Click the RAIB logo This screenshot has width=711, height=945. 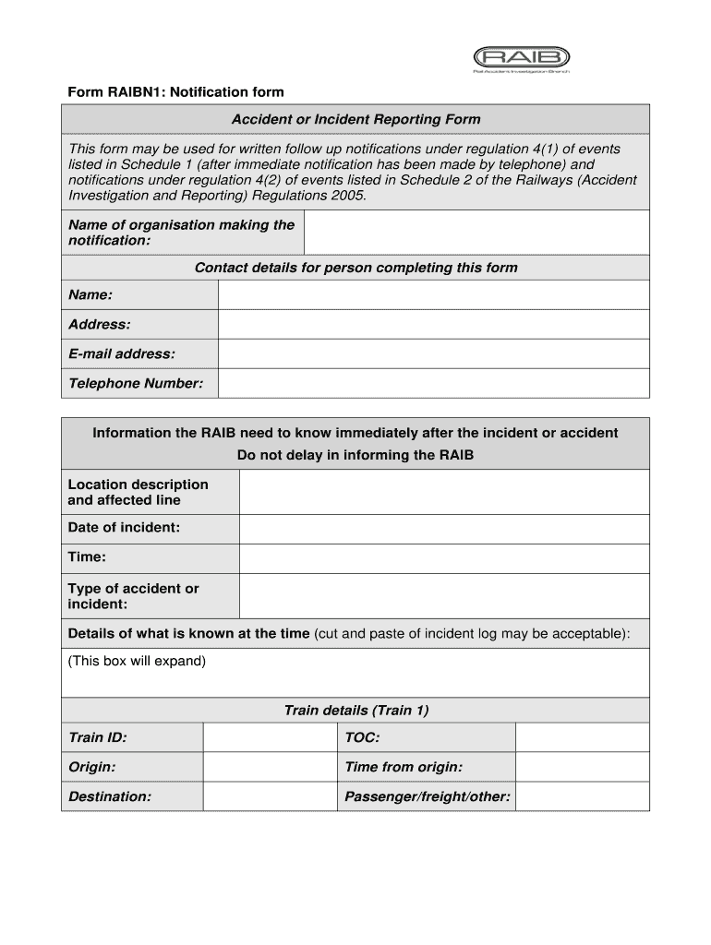click(x=521, y=57)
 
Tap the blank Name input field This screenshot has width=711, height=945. click(x=433, y=295)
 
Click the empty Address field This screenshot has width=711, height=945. click(x=433, y=325)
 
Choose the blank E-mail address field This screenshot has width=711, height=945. click(x=433, y=354)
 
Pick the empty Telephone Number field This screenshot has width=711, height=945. click(x=433, y=384)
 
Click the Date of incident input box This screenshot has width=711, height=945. click(x=443, y=529)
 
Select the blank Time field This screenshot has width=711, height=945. click(x=443, y=558)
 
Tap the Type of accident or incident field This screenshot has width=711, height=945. click(x=443, y=596)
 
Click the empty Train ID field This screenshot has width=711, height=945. click(x=269, y=738)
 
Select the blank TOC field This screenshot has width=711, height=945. click(x=582, y=738)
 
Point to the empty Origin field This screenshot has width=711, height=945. click(x=269, y=768)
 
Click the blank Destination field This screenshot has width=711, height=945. click(x=269, y=797)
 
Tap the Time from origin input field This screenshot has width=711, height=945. click(x=582, y=768)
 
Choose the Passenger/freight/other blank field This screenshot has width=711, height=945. click(x=582, y=797)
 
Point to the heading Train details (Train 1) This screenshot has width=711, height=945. click(x=355, y=711)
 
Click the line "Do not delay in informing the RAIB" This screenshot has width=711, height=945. click(x=355, y=456)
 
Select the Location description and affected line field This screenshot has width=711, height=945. click(x=443, y=493)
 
